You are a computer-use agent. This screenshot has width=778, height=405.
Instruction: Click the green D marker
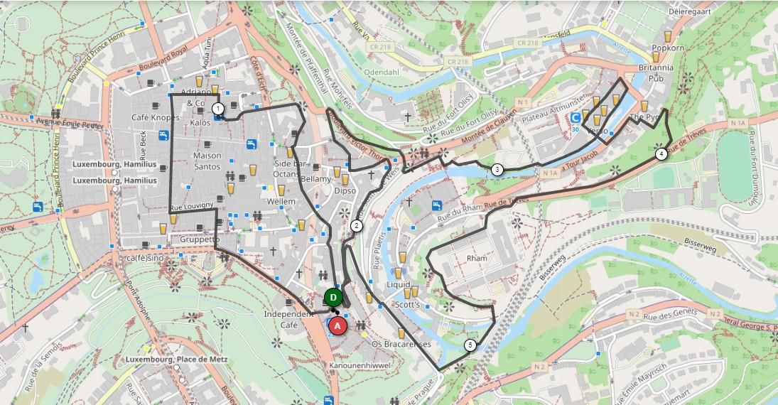(x=333, y=297)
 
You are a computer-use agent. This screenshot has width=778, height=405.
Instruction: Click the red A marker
(x=339, y=325)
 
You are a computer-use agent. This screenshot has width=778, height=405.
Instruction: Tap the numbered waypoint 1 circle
(x=218, y=109)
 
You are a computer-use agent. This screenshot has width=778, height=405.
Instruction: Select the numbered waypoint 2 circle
(x=357, y=226)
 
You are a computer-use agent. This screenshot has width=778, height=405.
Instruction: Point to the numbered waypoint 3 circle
(x=497, y=169)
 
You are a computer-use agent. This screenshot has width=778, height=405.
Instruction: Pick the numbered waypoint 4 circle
(x=661, y=153)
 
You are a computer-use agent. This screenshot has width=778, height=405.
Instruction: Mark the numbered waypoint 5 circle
(x=470, y=345)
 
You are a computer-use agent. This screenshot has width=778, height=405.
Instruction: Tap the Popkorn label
(x=668, y=48)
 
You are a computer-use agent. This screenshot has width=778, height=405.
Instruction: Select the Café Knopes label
(x=156, y=117)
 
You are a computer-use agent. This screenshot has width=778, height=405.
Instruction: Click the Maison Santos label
(x=207, y=161)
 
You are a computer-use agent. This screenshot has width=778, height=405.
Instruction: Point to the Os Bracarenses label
(x=401, y=344)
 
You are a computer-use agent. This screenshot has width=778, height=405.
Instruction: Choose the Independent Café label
(x=288, y=319)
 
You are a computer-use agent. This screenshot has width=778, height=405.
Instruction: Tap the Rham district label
(x=477, y=258)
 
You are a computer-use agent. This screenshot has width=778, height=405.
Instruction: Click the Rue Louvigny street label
(x=192, y=205)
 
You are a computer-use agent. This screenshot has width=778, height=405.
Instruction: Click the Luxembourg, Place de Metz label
(x=176, y=360)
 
